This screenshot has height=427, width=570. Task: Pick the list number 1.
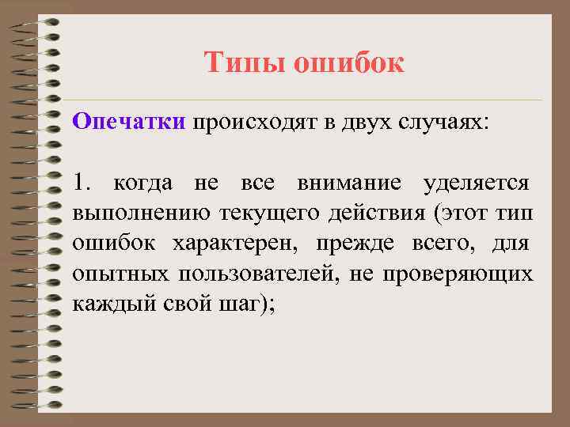point(82,184)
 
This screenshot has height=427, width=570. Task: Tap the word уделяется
point(477,184)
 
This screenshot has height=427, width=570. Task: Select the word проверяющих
point(458,274)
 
